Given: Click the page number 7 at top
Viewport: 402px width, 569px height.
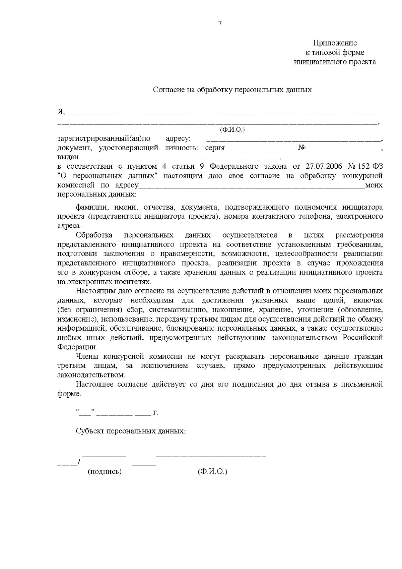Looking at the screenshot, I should (x=220, y=23).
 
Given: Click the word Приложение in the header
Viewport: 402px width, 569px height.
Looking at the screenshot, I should (x=335, y=43).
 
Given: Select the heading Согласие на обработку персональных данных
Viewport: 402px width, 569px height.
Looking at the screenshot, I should (x=232, y=90).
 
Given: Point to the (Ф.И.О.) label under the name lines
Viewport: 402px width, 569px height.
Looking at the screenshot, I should (x=232, y=130).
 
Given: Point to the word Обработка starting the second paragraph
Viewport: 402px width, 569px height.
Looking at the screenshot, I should (x=94, y=235).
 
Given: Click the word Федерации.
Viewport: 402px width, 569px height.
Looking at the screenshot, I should (x=78, y=347).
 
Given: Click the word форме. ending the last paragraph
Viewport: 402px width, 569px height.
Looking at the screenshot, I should (x=69, y=394).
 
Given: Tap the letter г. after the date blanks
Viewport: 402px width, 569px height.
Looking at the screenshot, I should (x=155, y=412).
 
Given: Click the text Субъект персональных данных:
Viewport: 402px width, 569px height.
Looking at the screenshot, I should (x=131, y=431).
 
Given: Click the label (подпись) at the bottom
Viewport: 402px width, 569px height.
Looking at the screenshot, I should (x=105, y=472).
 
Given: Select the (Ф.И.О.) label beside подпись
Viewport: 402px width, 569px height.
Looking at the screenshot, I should (x=212, y=472).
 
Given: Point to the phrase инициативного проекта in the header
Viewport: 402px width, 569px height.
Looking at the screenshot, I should (x=335, y=62).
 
